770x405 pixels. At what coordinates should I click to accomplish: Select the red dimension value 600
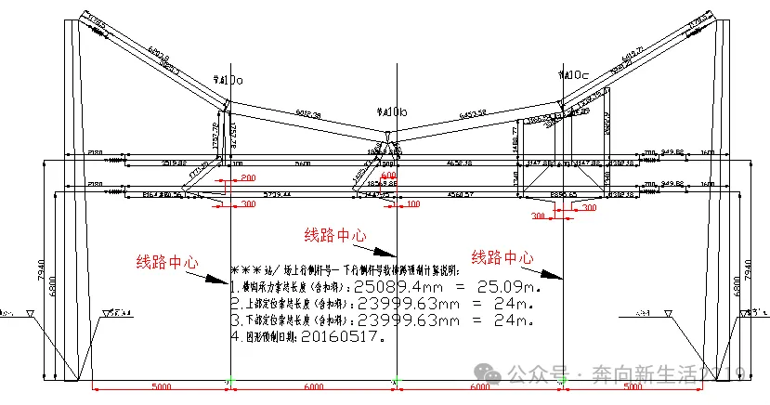click(387, 175)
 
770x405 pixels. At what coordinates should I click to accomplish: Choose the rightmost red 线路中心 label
click(502, 257)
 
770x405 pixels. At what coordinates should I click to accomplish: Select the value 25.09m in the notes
click(502, 287)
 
